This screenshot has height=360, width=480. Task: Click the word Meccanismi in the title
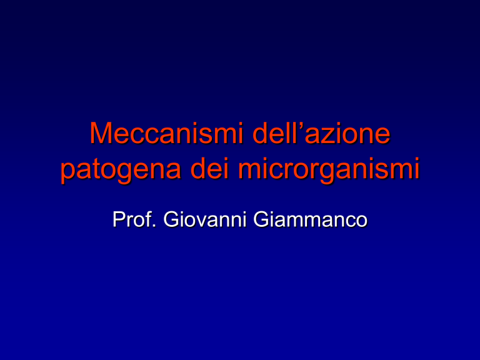[166, 133]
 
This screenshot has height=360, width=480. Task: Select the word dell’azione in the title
[321, 133]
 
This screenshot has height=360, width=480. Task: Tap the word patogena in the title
[121, 170]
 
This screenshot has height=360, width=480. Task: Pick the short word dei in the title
[210, 168]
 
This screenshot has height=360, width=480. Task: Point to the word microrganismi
[329, 170]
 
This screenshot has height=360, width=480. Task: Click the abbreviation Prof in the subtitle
[132, 219]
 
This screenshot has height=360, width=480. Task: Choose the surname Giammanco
[311, 219]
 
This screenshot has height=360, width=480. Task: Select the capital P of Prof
[119, 219]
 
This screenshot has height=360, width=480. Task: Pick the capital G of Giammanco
[261, 219]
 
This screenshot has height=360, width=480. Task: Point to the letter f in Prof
[149, 219]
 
